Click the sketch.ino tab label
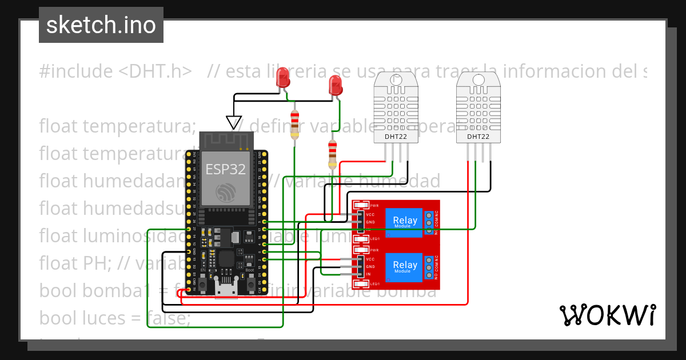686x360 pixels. tap(101, 25)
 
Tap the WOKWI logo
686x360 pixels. tap(607, 315)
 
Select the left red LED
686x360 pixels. tap(282, 78)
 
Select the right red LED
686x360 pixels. tap(336, 86)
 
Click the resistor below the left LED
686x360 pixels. tap(294, 125)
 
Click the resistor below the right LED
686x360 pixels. tap(333, 154)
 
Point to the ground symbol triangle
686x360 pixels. tap(233, 122)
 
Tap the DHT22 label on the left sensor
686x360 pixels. tap(396, 137)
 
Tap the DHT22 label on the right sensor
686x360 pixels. tap(478, 137)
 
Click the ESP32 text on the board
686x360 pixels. tap(225, 169)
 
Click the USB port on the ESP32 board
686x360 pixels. tap(226, 289)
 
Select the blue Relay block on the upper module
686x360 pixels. tap(405, 221)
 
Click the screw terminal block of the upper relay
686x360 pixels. tap(428, 222)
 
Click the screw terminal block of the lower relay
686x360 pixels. tap(428, 267)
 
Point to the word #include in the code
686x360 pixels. tap(76, 71)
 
